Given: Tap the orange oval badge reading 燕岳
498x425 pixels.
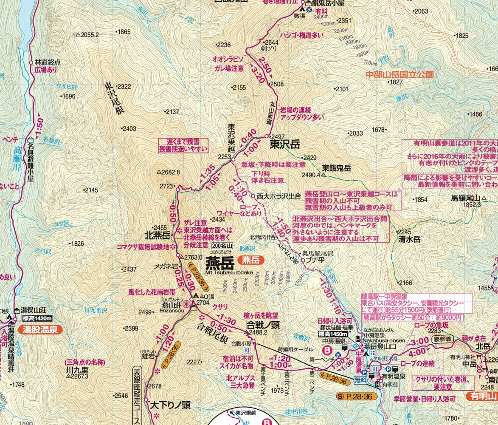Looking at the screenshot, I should [x=251, y=260].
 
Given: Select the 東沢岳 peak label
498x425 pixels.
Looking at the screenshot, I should [x=285, y=144].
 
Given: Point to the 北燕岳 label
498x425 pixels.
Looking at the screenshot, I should [x=157, y=235].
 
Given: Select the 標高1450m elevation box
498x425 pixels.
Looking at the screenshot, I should [x=332, y=334].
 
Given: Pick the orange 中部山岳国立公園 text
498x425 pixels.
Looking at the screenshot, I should [x=400, y=74].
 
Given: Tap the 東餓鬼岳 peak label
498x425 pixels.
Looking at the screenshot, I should [x=336, y=168].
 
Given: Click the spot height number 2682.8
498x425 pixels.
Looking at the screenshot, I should [x=171, y=172].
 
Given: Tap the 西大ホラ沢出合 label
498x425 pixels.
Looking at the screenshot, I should [x=279, y=196].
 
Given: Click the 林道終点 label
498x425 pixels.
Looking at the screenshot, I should [x=48, y=62].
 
